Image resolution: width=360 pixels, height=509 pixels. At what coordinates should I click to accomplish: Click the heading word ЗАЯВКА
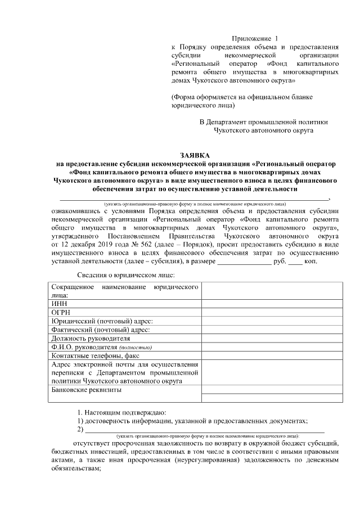tap(193, 155)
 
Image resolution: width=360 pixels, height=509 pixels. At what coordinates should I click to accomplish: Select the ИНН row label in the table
tap(59, 303)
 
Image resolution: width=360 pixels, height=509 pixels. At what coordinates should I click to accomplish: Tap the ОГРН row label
tap(61, 312)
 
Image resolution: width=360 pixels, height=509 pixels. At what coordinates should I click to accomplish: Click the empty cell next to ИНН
tap(272, 303)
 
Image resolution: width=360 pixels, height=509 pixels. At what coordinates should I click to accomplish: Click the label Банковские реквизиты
tap(86, 389)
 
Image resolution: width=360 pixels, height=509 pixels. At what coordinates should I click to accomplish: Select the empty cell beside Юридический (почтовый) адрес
tap(272, 321)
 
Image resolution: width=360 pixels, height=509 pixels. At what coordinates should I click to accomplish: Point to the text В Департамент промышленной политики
tap(263, 121)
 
